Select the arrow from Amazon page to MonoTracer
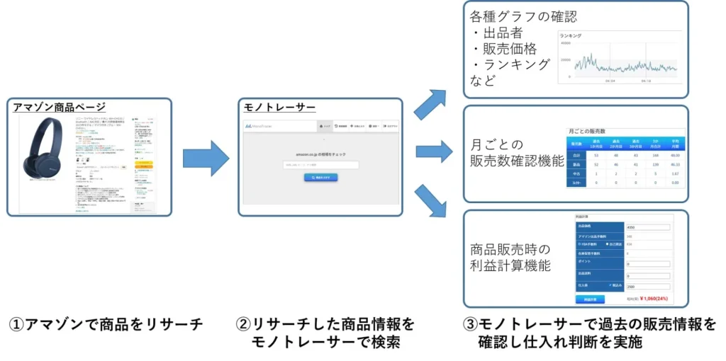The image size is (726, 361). tap(206, 157)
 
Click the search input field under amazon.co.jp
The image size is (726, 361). tap(320, 166)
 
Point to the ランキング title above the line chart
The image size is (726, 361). tap(571, 35)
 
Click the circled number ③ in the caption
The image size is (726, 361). tap(471, 324)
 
